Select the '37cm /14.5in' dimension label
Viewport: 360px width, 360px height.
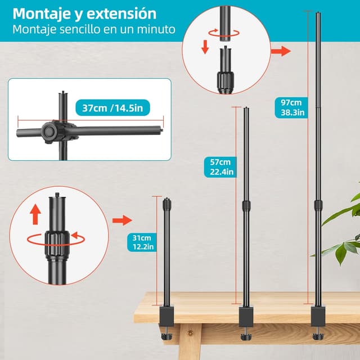coord(110,107)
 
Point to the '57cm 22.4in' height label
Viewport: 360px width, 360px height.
coord(220,167)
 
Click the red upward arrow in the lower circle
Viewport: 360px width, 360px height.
coord(35,214)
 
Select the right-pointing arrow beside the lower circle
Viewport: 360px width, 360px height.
coord(121,219)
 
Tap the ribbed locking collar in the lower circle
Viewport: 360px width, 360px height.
coord(56,239)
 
